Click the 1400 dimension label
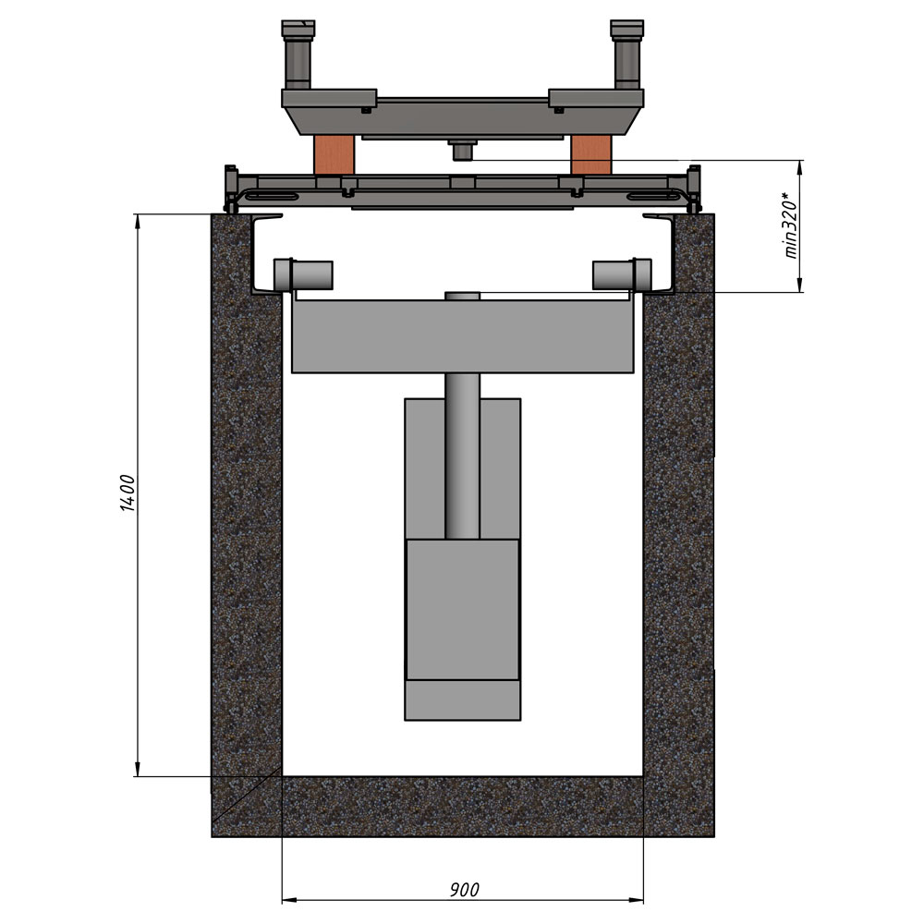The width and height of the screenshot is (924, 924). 128,492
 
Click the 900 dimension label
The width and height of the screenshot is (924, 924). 465,889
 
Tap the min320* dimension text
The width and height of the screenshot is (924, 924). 791,225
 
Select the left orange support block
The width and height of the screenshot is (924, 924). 334,155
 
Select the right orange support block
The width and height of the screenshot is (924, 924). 591,155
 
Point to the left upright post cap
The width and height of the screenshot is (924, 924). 298,29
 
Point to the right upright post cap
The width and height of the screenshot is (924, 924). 627,29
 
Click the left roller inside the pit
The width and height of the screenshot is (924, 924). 303,274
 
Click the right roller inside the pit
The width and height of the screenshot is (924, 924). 622,274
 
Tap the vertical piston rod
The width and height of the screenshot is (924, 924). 463,456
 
